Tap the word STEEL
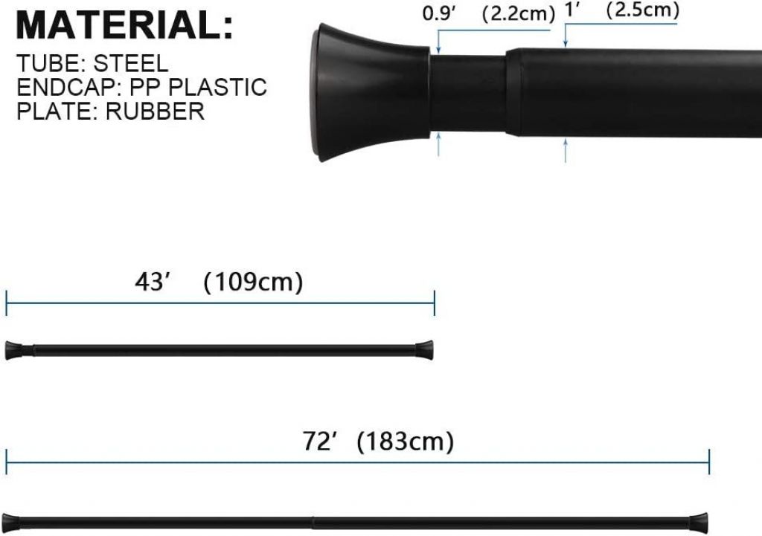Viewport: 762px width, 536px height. click(131, 64)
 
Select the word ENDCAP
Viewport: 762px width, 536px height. click(68, 88)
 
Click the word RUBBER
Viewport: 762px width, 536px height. click(155, 112)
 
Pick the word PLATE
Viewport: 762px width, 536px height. click(54, 112)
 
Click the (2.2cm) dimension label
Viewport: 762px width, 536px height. click(518, 13)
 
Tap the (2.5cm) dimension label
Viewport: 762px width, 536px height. click(642, 10)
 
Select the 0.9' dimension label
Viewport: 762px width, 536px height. click(439, 13)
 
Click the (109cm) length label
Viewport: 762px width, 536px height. click(253, 282)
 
